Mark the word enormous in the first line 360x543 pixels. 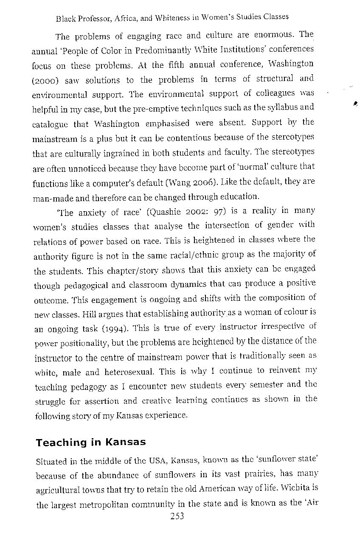[273, 35]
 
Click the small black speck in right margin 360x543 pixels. [354, 102]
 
